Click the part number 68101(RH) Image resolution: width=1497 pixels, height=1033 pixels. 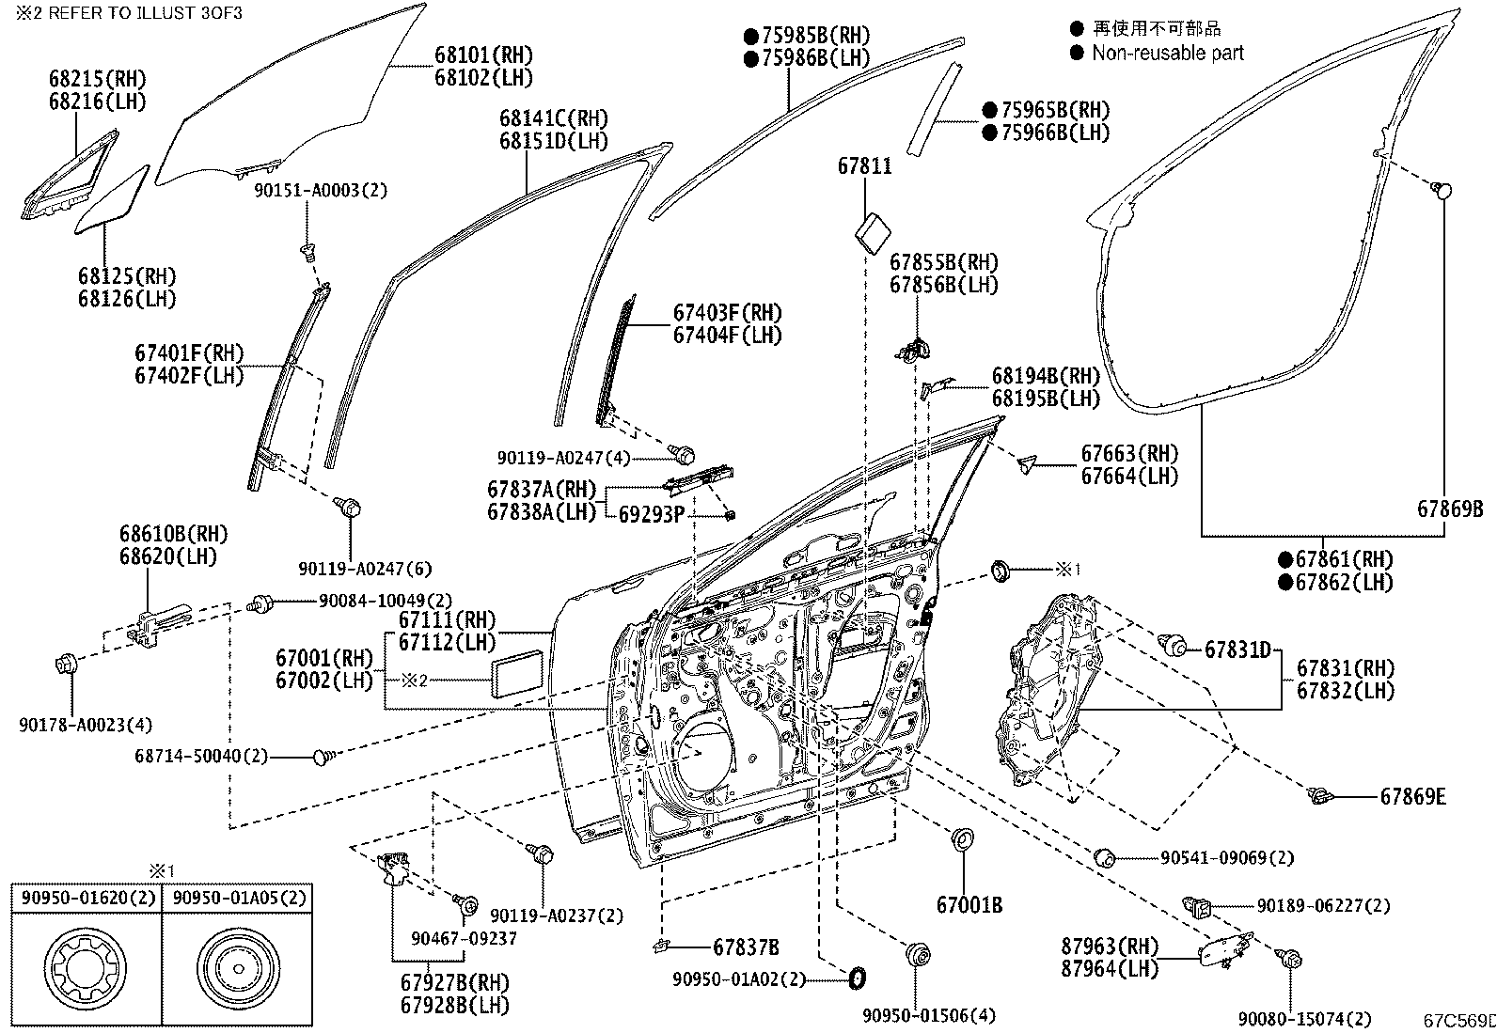483,55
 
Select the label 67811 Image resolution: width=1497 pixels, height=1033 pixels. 864,166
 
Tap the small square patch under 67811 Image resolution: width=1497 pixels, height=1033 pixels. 875,229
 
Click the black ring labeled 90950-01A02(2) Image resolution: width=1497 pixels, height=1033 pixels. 857,978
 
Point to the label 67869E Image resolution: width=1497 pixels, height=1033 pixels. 1412,797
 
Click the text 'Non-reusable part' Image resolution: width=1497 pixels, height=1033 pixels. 1167,54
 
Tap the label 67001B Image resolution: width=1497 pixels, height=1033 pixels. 969,905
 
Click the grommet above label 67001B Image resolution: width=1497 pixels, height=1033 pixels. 963,839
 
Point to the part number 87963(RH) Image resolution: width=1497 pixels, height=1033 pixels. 1109,946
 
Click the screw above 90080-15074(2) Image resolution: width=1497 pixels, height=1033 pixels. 1291,959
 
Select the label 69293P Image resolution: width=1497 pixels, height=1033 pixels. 652,514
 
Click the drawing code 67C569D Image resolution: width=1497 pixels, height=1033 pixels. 1458,1020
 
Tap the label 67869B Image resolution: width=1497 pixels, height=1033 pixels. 1450,509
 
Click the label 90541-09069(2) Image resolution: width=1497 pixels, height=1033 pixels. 1226,857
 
